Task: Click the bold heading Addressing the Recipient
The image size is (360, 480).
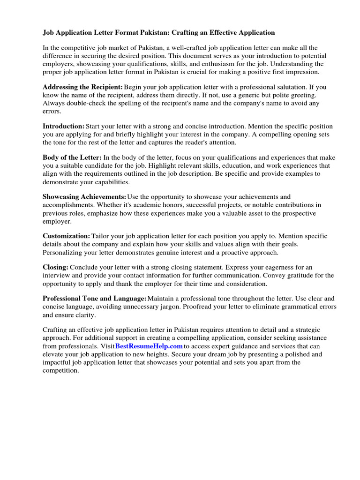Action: coord(83,87)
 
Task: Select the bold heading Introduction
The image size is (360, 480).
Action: coord(64,126)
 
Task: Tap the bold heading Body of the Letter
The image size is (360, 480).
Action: coord(72,157)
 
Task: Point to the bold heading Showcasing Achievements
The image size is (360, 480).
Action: coord(84,197)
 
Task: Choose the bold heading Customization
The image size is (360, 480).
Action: coord(67,236)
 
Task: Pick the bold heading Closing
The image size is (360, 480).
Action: coord(56,267)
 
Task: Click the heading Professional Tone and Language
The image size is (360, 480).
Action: coord(95,299)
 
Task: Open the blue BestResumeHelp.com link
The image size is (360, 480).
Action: coord(149,346)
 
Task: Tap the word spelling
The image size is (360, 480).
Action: coord(124,103)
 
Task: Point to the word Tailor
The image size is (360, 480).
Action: coord(101,236)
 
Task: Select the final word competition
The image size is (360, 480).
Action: coord(61,370)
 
